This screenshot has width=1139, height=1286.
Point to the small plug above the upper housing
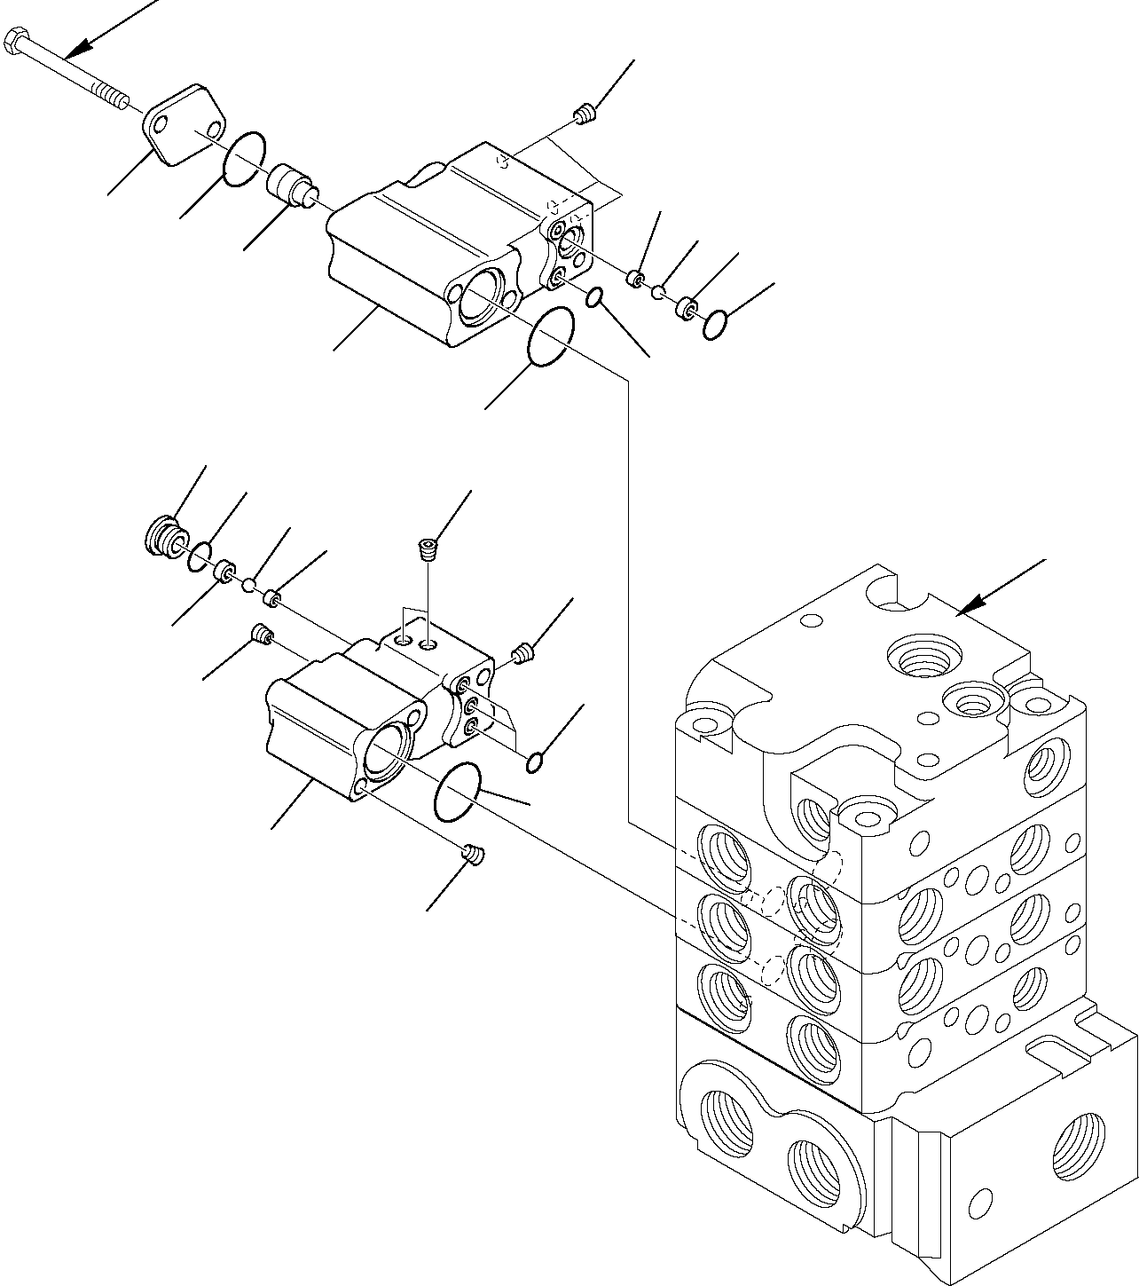(x=584, y=114)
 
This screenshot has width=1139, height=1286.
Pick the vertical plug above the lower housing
(x=428, y=549)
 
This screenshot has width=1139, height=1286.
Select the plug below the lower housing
(x=475, y=854)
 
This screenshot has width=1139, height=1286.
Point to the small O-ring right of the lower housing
(x=535, y=761)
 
